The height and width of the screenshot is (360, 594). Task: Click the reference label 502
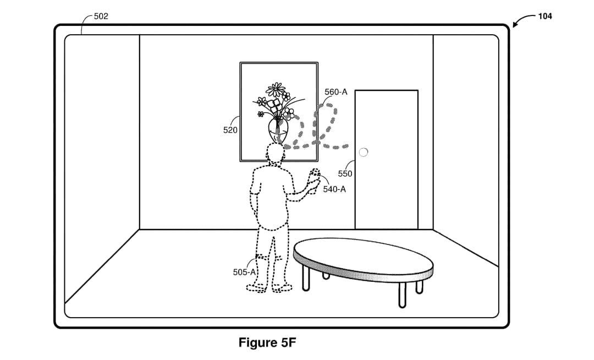click(101, 17)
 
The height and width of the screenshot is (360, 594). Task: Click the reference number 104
click(544, 17)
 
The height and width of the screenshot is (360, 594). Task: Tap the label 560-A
click(335, 92)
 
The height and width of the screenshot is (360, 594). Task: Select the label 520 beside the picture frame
click(230, 130)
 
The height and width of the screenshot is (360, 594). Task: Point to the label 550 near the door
click(345, 173)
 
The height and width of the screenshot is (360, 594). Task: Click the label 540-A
click(334, 189)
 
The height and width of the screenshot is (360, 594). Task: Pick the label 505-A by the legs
click(244, 272)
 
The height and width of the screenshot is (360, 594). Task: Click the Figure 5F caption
click(267, 342)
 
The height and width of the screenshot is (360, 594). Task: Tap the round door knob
click(364, 152)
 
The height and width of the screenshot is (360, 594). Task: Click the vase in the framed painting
click(279, 129)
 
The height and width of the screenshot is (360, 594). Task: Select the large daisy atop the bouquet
click(276, 89)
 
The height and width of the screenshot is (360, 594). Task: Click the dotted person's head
click(275, 153)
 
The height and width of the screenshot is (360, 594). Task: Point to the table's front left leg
click(306, 279)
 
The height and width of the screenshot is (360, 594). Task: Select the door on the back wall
click(387, 160)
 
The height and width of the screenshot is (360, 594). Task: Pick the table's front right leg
click(402, 294)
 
